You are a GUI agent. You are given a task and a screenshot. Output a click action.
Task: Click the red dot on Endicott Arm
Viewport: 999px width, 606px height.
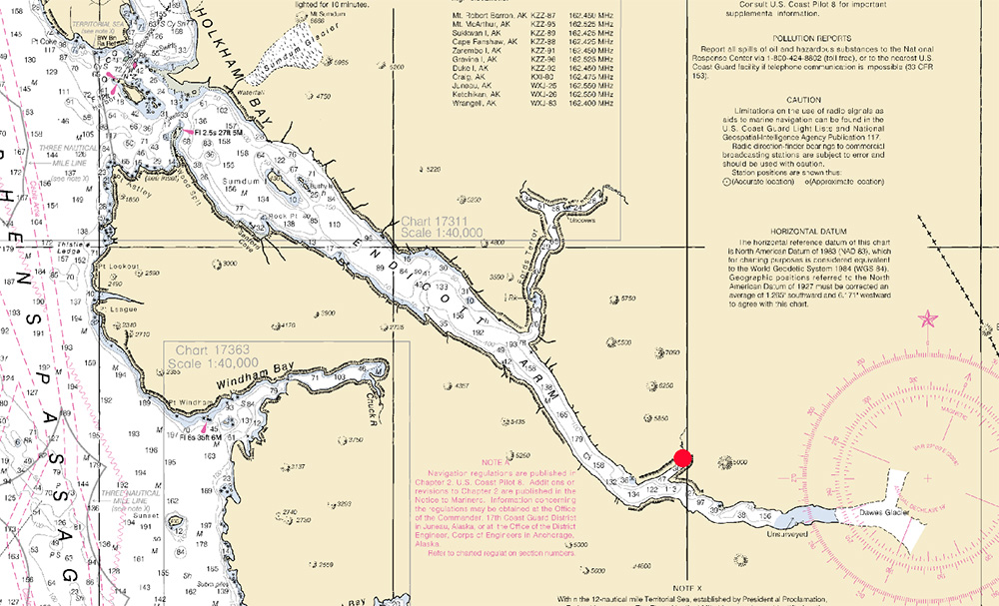point(683,459)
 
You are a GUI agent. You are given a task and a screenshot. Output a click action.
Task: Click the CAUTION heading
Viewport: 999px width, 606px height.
point(802,100)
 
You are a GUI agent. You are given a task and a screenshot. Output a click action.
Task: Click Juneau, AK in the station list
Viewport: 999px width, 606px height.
point(473,86)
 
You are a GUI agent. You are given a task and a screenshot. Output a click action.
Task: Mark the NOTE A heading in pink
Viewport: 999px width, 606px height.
point(495,464)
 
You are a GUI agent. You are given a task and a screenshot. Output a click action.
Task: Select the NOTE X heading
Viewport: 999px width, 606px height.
point(688,588)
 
